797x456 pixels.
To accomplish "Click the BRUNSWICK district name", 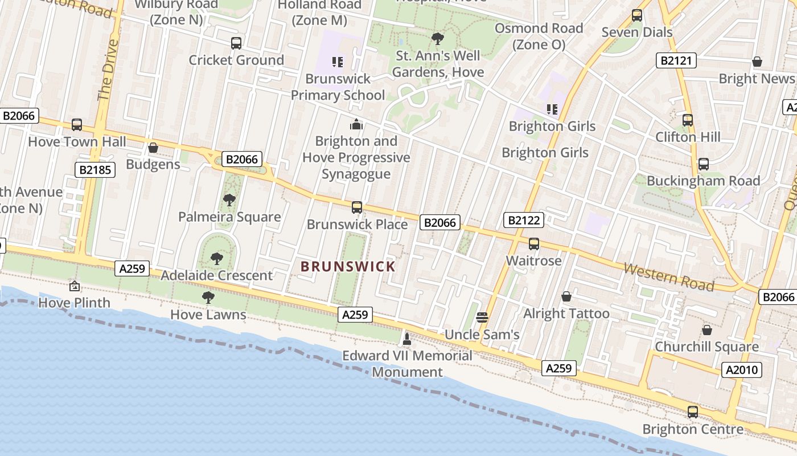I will (x=348, y=266).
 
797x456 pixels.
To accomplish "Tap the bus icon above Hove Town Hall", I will (x=77, y=125).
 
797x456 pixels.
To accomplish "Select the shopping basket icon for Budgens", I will (x=153, y=148).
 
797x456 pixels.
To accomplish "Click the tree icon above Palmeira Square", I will (x=229, y=200).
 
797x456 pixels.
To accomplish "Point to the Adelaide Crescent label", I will (x=216, y=275).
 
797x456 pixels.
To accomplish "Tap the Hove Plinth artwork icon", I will (x=74, y=286).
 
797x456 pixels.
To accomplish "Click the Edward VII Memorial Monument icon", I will (x=406, y=340).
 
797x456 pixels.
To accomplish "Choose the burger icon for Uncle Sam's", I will (x=482, y=317).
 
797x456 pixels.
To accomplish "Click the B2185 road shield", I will (x=95, y=169).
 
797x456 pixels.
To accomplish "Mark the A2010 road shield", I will (x=742, y=370).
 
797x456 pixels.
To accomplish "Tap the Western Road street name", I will (x=668, y=276).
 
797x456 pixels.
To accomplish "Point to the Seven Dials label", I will (x=637, y=32).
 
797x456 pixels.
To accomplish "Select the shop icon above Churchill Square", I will (x=706, y=330).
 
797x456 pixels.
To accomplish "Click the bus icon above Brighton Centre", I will (x=692, y=412).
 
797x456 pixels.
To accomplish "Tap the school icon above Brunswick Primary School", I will (x=338, y=62).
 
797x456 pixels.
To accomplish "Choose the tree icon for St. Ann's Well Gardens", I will (x=438, y=39).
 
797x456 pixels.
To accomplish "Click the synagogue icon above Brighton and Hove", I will (x=356, y=124).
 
